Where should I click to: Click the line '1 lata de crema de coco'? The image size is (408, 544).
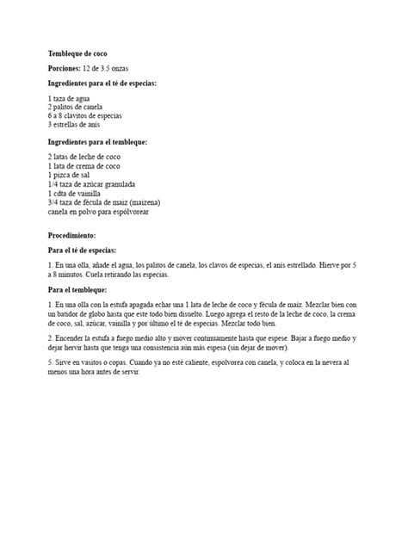83,168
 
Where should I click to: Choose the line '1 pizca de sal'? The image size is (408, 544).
70,176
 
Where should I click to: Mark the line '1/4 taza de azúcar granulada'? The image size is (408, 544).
92,184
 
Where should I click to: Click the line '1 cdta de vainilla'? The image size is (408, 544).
76,193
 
